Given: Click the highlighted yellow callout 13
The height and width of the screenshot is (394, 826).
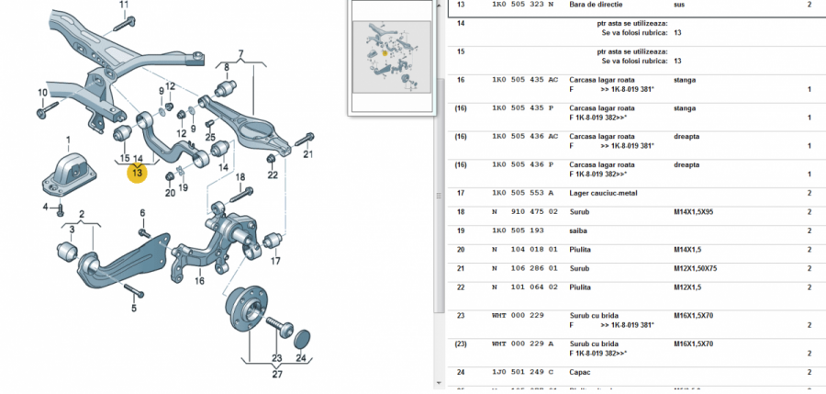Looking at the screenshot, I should tap(137, 173).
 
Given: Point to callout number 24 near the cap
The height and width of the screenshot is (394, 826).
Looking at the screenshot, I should tap(300, 358).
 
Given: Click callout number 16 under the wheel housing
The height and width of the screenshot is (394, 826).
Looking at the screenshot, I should tap(199, 280).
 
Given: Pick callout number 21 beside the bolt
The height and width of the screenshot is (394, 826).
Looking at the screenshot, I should tap(308, 153).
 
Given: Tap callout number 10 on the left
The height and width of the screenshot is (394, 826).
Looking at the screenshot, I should tap(42, 93).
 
